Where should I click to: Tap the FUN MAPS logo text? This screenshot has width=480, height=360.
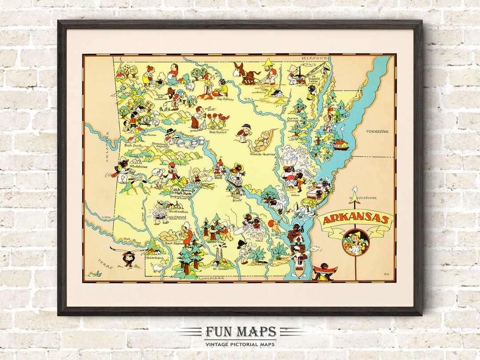pos(240,332)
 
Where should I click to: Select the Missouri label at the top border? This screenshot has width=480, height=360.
pos(314,58)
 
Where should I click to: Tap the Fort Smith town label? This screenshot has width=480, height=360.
pos(134,145)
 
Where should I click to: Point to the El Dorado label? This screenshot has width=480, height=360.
pos(220,268)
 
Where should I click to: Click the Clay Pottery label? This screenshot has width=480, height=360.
pos(225,99)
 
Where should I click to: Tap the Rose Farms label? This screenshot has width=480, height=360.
pos(218,132)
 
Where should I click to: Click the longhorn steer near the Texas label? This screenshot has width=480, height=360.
pos(128,257)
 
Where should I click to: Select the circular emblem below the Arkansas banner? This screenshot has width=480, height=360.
pos(356,242)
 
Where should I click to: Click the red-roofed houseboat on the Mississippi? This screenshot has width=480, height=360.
pos(340,144)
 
